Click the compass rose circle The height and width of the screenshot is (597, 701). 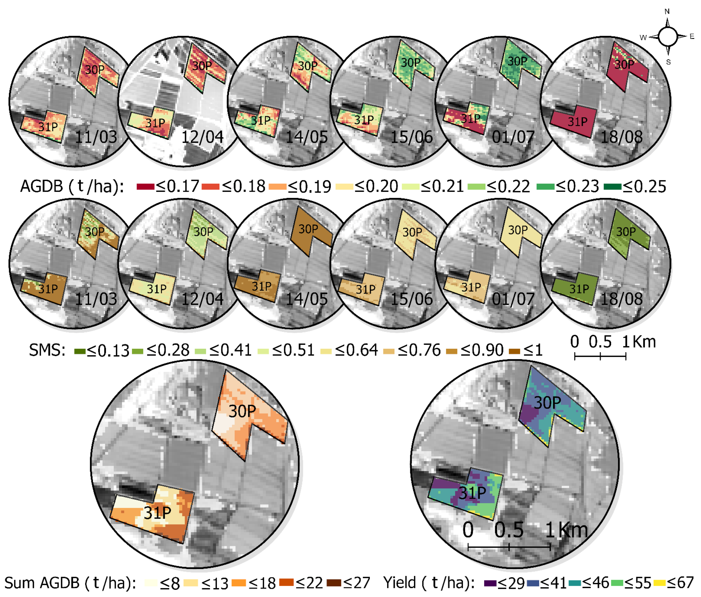[x=668, y=37]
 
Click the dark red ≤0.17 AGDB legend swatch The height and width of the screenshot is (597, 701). [x=146, y=186]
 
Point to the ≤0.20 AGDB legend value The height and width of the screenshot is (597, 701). [x=376, y=186]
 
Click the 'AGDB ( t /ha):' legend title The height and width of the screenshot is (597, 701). [x=72, y=186]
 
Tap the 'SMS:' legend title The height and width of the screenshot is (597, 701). [x=47, y=350]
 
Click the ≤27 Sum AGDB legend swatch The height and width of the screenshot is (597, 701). [x=334, y=583]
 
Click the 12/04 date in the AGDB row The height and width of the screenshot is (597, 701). [x=202, y=137]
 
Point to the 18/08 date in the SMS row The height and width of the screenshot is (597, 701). [x=622, y=299]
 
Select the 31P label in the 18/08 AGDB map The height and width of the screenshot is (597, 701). [x=577, y=122]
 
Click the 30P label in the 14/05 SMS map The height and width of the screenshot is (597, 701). [x=308, y=229]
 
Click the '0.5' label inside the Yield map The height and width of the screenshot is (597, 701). [x=509, y=530]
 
